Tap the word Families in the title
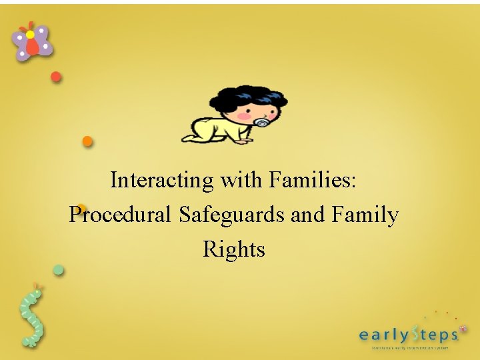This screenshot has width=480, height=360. tap(314, 180)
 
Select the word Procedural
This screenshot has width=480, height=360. tap(121, 215)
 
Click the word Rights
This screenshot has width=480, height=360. tap(234, 249)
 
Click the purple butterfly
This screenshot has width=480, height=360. tap(31, 41)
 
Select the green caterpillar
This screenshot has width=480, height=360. tap(31, 317)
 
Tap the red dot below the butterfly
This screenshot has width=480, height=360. tap(57, 77)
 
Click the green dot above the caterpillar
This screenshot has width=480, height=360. tap(59, 270)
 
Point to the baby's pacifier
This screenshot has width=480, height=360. tap(262, 123)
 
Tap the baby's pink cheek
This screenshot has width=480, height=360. tap(244, 115)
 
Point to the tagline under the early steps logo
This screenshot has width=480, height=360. tap(410, 347)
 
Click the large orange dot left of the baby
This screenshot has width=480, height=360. tap(87, 141)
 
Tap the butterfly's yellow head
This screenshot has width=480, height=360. tap(30, 34)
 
